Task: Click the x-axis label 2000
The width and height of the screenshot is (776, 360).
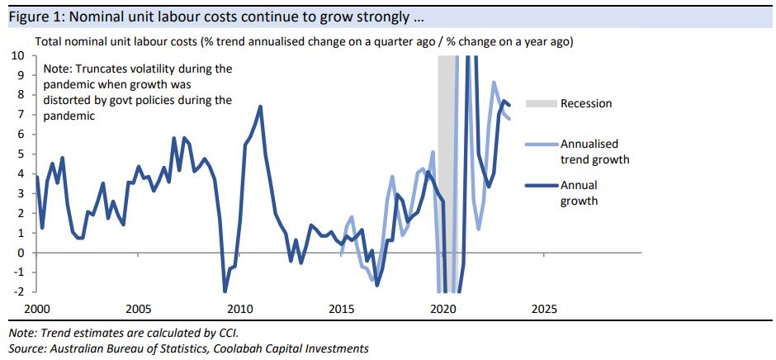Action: click(x=35, y=310)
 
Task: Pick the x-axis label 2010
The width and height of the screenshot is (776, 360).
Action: click(x=239, y=310)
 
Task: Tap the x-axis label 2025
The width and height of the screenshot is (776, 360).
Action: click(x=544, y=310)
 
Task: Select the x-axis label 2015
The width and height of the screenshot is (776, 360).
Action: click(x=341, y=310)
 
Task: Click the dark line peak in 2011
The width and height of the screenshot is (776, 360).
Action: click(x=260, y=107)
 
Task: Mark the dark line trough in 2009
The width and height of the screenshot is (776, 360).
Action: click(x=225, y=291)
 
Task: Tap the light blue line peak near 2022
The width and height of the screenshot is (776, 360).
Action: click(x=494, y=83)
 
